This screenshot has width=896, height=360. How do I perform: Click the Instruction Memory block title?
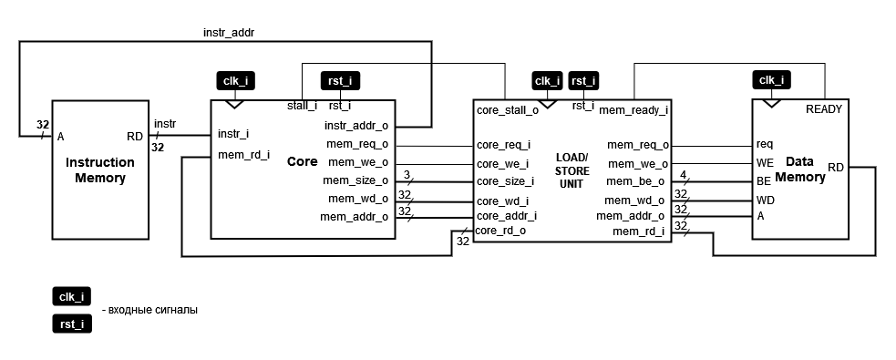tap(99, 170)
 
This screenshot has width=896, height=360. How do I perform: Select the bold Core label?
tap(302, 161)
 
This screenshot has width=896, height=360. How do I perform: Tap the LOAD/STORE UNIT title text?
tap(572, 170)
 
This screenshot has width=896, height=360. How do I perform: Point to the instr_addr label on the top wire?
tap(227, 32)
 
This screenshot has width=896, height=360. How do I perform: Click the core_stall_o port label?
tap(507, 110)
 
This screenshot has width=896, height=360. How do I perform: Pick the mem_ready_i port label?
tap(633, 110)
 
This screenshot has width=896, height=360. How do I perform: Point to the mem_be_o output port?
tap(638, 181)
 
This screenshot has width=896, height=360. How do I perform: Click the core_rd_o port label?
tap(500, 231)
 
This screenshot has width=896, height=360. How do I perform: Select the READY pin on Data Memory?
tap(824, 109)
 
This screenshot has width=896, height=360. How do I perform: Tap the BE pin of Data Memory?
tap(763, 180)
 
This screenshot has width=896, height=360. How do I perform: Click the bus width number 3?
tap(407, 173)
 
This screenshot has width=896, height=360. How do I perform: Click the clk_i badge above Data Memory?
tap(771, 80)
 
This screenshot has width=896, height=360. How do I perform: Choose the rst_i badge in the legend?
tap(71, 324)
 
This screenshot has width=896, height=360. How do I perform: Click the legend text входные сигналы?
tap(152, 310)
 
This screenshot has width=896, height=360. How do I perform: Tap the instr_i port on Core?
tap(234, 134)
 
